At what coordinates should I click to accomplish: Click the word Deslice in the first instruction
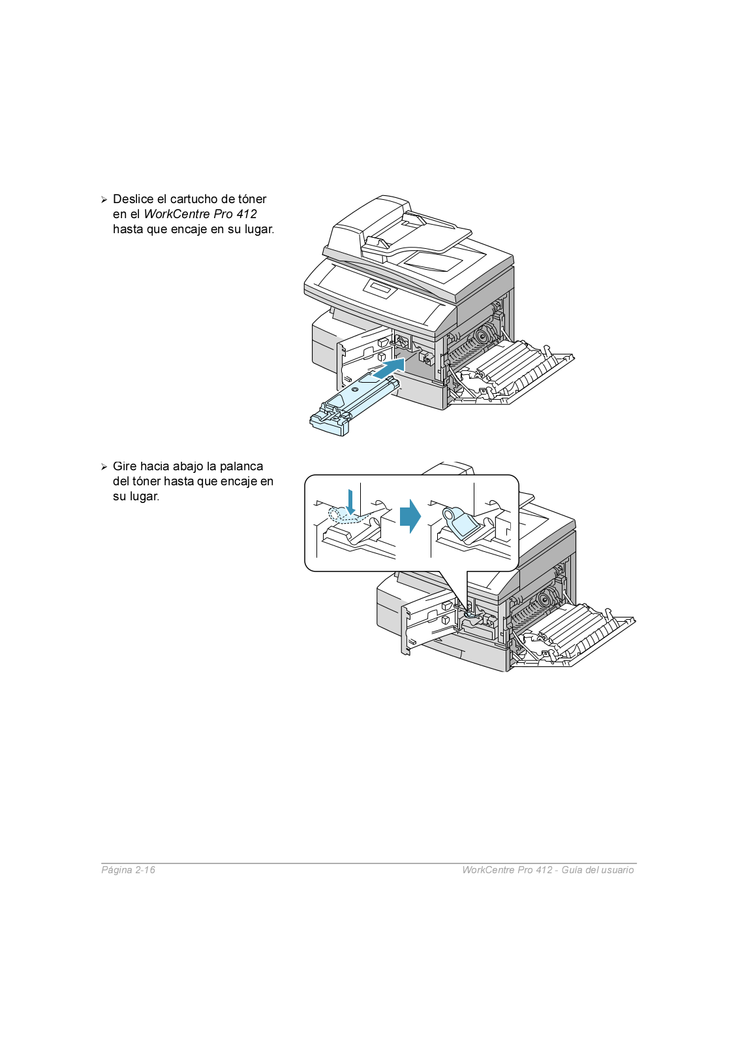pyautogui.click(x=133, y=199)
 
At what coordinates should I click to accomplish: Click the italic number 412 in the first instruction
pyautogui.click(x=247, y=214)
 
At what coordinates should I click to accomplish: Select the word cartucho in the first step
pyautogui.click(x=194, y=199)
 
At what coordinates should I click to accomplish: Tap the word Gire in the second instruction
pyautogui.click(x=125, y=466)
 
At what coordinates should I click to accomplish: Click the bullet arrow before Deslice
pyautogui.click(x=104, y=200)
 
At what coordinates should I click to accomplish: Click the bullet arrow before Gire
pyautogui.click(x=104, y=467)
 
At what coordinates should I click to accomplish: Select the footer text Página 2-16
pyautogui.click(x=128, y=870)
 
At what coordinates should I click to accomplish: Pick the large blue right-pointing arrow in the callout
pyautogui.click(x=410, y=516)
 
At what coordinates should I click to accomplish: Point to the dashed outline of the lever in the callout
pyautogui.click(x=345, y=516)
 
